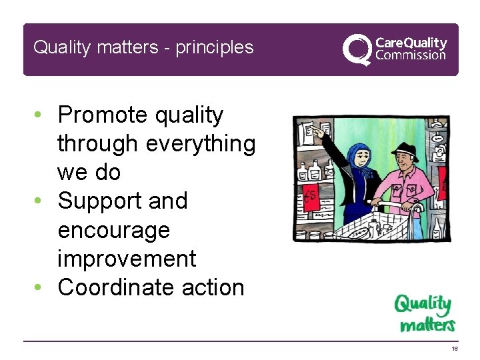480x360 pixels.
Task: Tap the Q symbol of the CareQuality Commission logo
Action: pyautogui.click(x=357, y=49)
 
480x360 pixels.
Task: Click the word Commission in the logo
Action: pyautogui.click(x=411, y=55)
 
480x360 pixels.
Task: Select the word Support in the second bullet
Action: pyautogui.click(x=95, y=201)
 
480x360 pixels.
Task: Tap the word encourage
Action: pyautogui.click(x=114, y=231)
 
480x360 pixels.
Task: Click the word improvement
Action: pyautogui.click(x=127, y=259)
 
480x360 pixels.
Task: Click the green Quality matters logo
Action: pyautogui.click(x=424, y=313)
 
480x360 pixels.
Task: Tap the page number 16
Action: pyautogui.click(x=454, y=349)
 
